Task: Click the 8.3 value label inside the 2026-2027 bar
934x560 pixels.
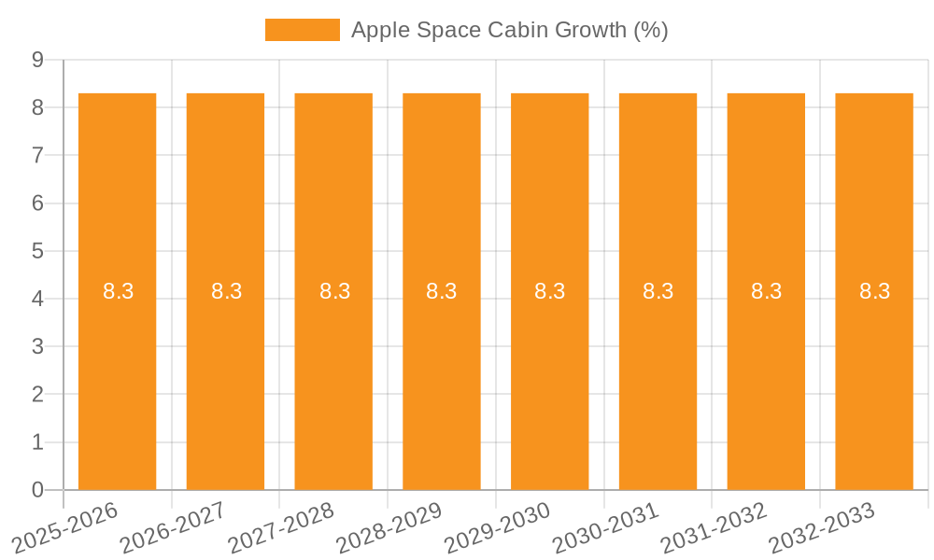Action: tap(226, 291)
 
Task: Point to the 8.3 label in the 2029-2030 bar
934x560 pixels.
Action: tap(550, 291)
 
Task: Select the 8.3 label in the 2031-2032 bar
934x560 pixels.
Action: tap(766, 291)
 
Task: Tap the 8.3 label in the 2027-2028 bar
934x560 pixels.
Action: tap(334, 291)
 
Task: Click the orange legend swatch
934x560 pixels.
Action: tap(302, 30)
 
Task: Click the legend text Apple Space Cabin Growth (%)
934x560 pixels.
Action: tap(509, 30)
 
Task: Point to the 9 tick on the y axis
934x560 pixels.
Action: tap(37, 60)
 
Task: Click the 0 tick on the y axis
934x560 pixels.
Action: tap(37, 490)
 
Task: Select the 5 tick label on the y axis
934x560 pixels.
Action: tap(37, 251)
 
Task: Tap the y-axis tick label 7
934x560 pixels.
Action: tap(37, 155)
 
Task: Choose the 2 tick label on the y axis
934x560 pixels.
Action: tap(37, 395)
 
